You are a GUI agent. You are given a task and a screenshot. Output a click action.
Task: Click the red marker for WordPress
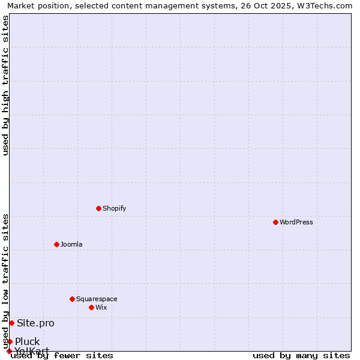pyautogui.click(x=275, y=222)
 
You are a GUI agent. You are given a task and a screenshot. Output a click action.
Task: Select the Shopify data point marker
pyautogui.click(x=98, y=208)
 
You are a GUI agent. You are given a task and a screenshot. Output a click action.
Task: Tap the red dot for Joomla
pyautogui.click(x=56, y=244)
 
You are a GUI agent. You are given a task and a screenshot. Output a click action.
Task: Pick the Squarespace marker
pyautogui.click(x=72, y=299)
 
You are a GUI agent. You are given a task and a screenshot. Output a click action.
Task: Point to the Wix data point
pyautogui.click(x=91, y=307)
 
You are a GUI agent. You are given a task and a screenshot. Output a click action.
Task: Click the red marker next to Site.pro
pyautogui.click(x=11, y=323)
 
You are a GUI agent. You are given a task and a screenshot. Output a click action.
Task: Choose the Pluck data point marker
pyautogui.click(x=10, y=341)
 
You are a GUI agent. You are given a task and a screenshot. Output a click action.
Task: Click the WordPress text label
pyautogui.click(x=296, y=222)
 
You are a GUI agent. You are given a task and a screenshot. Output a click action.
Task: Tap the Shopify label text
pyautogui.click(x=114, y=208)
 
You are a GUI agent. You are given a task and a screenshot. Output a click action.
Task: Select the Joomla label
pyautogui.click(x=71, y=244)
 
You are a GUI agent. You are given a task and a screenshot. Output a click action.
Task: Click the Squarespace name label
pyautogui.click(x=97, y=299)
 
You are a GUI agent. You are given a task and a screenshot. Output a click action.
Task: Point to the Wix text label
pyautogui.click(x=101, y=307)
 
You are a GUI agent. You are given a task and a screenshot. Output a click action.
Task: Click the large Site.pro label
pyautogui.click(x=35, y=323)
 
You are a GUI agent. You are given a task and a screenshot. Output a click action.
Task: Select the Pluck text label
pyautogui.click(x=28, y=342)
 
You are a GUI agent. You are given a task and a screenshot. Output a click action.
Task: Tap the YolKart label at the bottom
pyautogui.click(x=32, y=350)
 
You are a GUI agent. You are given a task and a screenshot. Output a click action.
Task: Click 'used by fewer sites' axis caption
pyautogui.click(x=62, y=355)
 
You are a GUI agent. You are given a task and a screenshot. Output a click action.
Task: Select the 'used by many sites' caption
pyautogui.click(x=301, y=355)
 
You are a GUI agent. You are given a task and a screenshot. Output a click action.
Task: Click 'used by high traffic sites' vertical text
pyautogui.click(x=6, y=85)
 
